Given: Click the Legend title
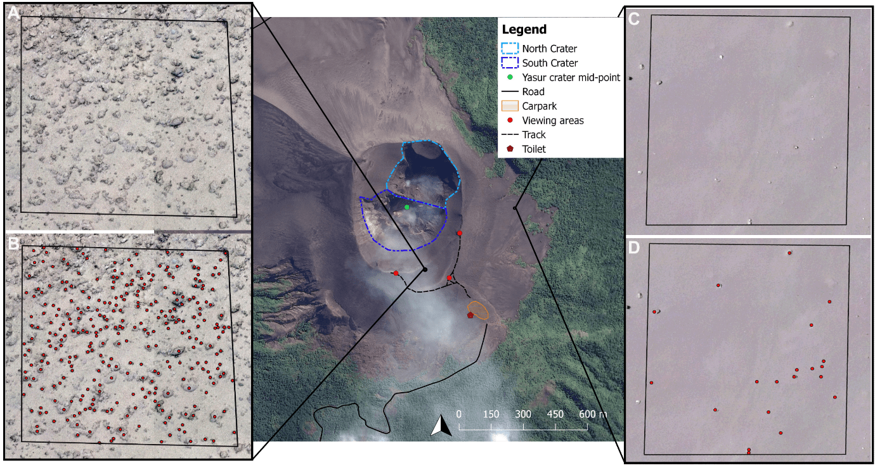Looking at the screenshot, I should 524,30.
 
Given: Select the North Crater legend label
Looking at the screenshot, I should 549,48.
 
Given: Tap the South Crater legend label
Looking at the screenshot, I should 550,63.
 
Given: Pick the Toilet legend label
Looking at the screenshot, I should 534,149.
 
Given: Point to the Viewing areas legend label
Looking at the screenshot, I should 553,120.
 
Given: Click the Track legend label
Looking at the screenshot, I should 534,134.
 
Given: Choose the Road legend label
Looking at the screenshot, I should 533,92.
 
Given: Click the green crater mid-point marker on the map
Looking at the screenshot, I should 407,207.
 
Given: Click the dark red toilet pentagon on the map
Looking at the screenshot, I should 470,315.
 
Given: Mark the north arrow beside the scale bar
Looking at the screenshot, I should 441,426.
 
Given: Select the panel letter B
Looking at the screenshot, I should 13,243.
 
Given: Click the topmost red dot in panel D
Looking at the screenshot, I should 789,253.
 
